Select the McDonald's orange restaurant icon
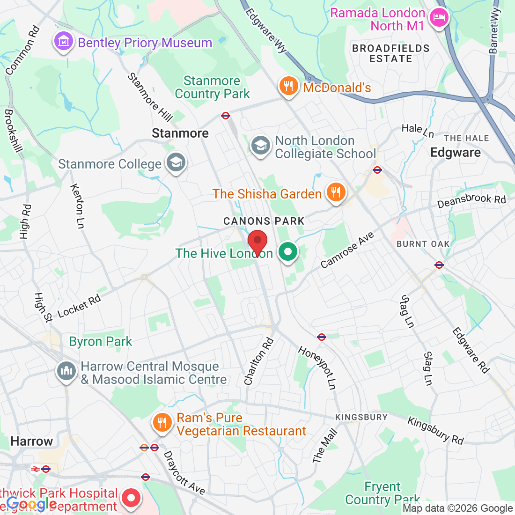pyautogui.click(x=289, y=87)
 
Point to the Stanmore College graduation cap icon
pyautogui.click(x=176, y=163)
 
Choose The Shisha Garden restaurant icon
pyautogui.click(x=335, y=192)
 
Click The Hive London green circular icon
pyautogui.click(x=288, y=252)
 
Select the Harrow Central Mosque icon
pyautogui.click(x=66, y=372)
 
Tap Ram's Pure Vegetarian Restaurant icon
pyautogui.click(x=162, y=423)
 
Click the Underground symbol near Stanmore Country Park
pyautogui.click(x=226, y=115)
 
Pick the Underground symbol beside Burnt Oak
pyautogui.click(x=439, y=265)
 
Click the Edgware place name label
pyautogui.click(x=455, y=153)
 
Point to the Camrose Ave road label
pyautogui.click(x=347, y=250)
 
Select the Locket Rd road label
pyautogui.click(x=79, y=307)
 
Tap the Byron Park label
pyautogui.click(x=101, y=342)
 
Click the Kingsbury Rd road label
pyautogui.click(x=435, y=430)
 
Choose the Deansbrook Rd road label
pyautogui.click(x=471, y=201)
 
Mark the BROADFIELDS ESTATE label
pyautogui.click(x=390, y=53)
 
